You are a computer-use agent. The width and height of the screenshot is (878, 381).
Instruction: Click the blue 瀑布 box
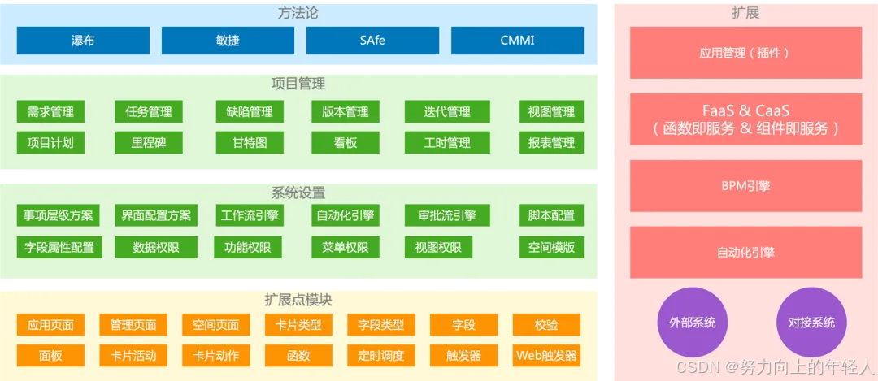(83, 40)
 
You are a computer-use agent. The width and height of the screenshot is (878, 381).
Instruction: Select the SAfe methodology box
(372, 40)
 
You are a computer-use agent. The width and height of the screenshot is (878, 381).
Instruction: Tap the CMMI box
(517, 40)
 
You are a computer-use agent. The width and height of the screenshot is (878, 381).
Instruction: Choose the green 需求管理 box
(50, 112)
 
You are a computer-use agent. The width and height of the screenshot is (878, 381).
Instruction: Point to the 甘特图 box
(250, 143)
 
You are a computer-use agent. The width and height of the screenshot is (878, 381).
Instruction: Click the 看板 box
(346, 143)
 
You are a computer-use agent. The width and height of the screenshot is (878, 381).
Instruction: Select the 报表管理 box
(551, 143)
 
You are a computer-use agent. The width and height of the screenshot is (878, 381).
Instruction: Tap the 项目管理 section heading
(298, 84)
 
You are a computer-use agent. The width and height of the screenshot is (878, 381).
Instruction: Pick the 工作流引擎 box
(250, 216)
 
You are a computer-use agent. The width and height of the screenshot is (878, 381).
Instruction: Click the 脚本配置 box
(551, 216)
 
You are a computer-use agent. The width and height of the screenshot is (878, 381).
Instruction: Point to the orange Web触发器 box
(546, 356)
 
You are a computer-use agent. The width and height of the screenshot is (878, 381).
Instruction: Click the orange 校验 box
(546, 325)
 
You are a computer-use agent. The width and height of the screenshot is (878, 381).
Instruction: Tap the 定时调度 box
(380, 356)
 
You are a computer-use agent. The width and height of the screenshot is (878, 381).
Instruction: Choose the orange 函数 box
(298, 356)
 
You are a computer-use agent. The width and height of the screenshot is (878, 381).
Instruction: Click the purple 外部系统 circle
(693, 323)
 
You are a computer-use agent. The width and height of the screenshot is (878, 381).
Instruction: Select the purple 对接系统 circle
(811, 323)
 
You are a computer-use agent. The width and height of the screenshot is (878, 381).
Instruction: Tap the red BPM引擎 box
(745, 186)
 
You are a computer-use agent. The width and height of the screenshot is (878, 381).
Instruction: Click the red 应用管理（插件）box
(745, 53)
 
